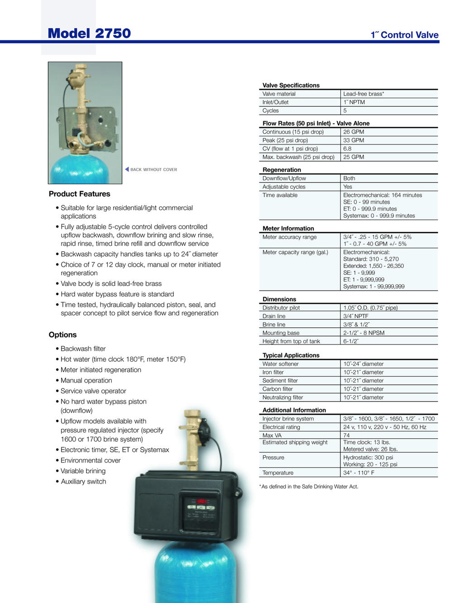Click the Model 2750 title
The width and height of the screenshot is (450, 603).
(x=89, y=33)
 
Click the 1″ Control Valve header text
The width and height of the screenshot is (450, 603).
(x=404, y=35)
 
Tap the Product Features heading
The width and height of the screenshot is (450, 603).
(x=79, y=194)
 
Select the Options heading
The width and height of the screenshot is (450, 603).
(x=62, y=335)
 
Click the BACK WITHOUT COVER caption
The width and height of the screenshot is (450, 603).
(x=153, y=170)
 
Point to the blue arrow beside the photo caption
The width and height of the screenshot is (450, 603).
(x=127, y=169)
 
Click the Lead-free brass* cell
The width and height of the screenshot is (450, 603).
(x=363, y=94)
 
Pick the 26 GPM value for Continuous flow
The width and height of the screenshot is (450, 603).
(x=353, y=132)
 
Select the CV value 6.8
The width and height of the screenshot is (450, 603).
(x=347, y=148)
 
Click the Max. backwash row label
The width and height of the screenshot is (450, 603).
(x=298, y=157)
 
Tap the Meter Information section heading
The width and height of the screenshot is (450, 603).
(x=288, y=229)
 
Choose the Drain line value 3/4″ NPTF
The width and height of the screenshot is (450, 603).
(x=355, y=316)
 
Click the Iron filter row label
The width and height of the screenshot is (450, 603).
(x=273, y=372)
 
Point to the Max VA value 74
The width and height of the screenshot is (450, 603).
(x=346, y=435)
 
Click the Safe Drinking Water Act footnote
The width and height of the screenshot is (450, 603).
(x=309, y=487)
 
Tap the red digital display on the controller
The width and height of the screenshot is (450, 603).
(x=201, y=501)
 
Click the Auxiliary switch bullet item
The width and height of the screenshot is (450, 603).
(x=83, y=481)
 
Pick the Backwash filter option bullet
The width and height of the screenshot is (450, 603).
(x=83, y=349)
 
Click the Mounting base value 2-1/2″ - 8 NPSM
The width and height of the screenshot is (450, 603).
(x=364, y=333)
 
